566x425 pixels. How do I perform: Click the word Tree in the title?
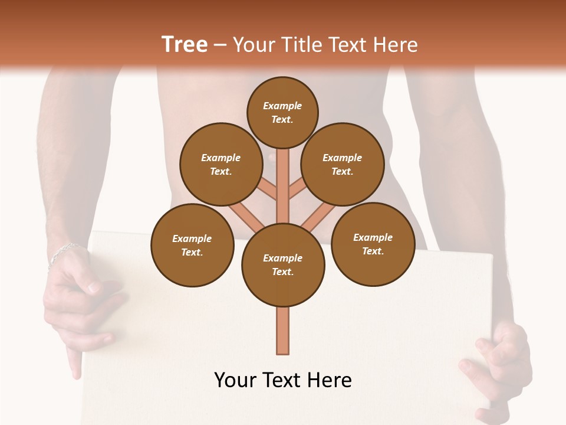pos(185,45)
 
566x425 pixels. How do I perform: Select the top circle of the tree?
pos(282,112)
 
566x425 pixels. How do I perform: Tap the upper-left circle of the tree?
pos(221,164)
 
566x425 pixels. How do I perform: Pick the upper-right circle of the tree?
pos(343,164)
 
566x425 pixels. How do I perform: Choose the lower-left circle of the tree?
pos(192,245)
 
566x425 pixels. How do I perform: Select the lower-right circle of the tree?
pos(373,244)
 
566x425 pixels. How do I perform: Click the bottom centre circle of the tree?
pos(283,264)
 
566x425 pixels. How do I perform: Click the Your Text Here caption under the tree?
pos(283,380)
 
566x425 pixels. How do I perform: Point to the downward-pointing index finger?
pos(74,361)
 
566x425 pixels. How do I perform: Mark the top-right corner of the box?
pos(491,255)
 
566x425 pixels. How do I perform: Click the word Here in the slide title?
pos(394,45)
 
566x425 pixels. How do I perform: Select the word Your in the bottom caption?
pos(235,380)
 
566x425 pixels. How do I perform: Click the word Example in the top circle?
pos(282,106)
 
